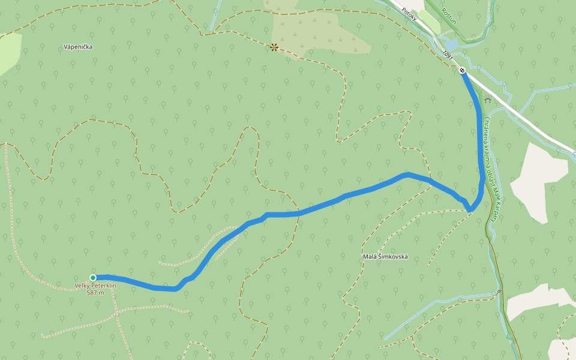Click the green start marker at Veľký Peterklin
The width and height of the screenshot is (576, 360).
[93, 277]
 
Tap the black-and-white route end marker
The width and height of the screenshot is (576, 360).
[462, 71]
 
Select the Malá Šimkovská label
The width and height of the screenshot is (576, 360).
[385, 257]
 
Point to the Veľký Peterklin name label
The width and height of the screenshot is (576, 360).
[95, 286]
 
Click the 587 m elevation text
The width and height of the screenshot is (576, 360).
[95, 293]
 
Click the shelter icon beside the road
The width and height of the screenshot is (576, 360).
[488, 99]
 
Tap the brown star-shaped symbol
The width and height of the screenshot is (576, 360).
[274, 47]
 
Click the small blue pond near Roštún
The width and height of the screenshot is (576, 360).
[451, 44]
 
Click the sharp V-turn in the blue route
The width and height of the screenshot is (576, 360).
[470, 209]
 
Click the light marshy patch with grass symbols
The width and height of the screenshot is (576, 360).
[312, 30]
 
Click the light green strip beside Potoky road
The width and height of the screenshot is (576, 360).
[430, 18]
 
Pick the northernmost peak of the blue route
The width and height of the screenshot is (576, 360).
[407, 174]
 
